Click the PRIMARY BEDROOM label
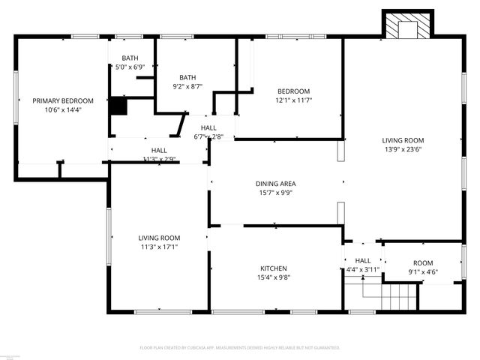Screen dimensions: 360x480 [x=62, y=100]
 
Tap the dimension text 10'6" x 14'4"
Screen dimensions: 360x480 [x=62, y=110]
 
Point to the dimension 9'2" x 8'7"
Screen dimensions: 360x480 [x=187, y=87]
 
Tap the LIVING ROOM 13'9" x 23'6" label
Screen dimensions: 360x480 [x=403, y=140]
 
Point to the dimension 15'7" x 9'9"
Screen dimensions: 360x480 [x=275, y=193]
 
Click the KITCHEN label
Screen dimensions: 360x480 [x=274, y=268]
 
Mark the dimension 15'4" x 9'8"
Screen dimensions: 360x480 [x=274, y=277]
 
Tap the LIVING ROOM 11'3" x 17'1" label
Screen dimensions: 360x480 [x=159, y=238]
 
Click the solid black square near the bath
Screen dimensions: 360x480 [x=118, y=106]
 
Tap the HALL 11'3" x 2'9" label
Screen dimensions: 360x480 [x=159, y=151]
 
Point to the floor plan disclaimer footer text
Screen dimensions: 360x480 [x=240, y=348]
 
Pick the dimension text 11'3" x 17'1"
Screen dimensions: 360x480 [x=159, y=247]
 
